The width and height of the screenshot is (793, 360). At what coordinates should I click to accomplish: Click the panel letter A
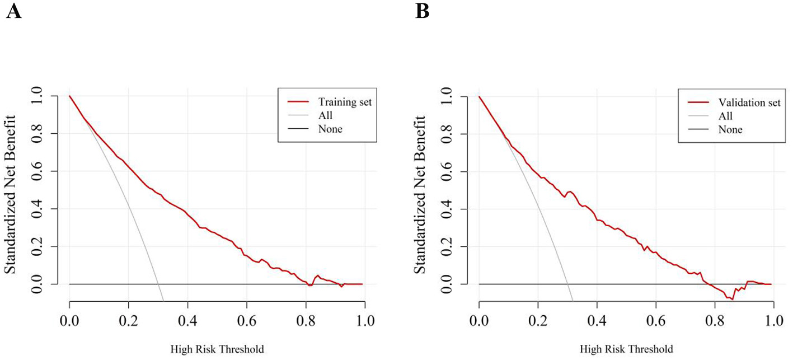[x=14, y=11]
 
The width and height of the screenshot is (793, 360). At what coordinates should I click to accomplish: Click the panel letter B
[x=423, y=11]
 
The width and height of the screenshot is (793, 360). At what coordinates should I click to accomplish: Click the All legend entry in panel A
[x=325, y=115]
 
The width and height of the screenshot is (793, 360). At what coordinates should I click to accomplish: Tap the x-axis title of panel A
[x=217, y=350]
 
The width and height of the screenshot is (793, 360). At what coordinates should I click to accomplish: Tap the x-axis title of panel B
[x=627, y=350]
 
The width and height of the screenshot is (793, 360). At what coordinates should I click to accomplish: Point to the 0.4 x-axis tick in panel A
[x=187, y=322]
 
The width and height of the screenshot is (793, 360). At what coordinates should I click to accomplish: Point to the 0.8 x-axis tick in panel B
[x=715, y=322]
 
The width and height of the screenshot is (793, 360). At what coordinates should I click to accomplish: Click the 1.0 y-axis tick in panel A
[x=43, y=96]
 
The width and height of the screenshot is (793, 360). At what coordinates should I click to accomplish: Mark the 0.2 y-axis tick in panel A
[x=43, y=246]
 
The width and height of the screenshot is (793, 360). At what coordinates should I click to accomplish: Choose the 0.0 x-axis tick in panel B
[x=479, y=322]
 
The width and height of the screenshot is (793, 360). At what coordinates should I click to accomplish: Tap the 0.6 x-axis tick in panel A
[x=246, y=322]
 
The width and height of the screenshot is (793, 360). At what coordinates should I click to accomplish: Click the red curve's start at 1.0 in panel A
[x=70, y=96]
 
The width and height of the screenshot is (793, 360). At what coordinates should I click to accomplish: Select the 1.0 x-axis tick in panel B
[x=773, y=322]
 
